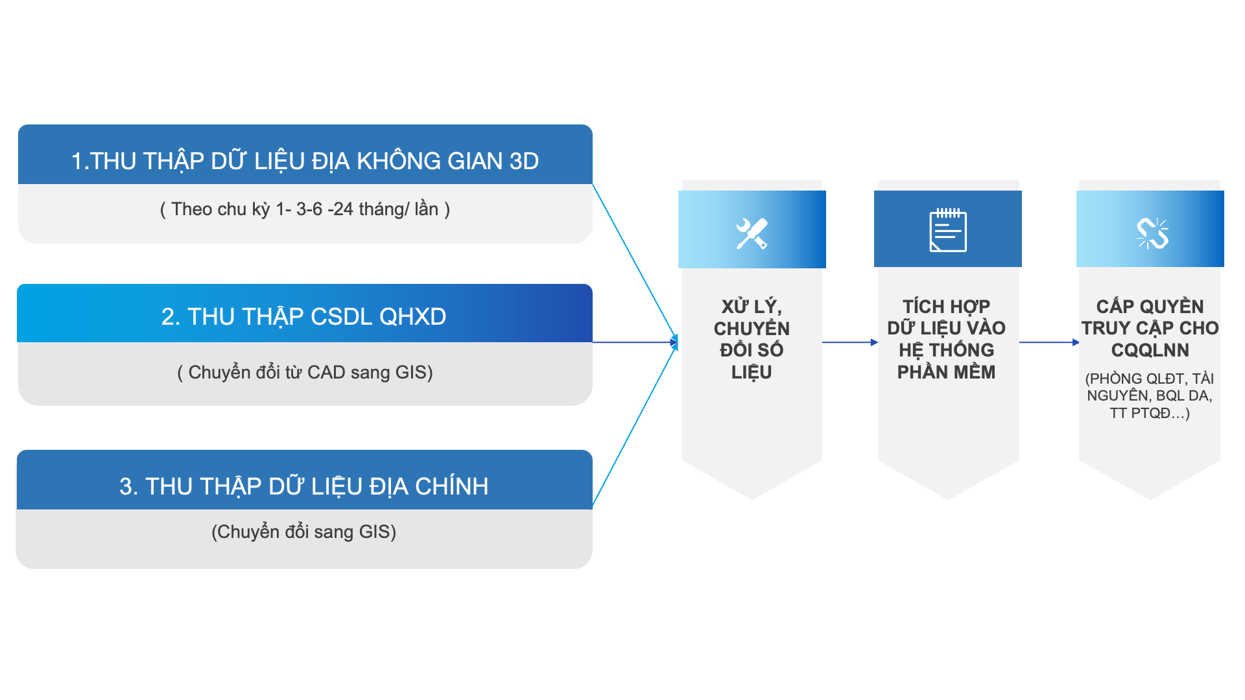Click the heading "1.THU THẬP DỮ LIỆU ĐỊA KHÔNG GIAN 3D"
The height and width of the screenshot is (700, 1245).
pos(305,161)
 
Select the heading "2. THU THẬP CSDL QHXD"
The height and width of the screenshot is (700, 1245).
pos(303,316)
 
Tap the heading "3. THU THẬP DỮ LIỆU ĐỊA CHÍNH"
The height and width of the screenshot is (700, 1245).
pos(303,486)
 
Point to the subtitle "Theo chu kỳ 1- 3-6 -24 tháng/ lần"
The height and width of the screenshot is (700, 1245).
pos(305,209)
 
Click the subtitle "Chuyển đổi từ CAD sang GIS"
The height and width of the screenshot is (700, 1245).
pos(305,373)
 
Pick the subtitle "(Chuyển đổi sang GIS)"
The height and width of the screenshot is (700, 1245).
pos(303,532)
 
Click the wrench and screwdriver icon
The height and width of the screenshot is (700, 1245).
pos(752,233)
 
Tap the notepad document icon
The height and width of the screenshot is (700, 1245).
pos(947,231)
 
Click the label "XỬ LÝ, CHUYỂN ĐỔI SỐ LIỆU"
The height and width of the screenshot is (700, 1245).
pos(752,339)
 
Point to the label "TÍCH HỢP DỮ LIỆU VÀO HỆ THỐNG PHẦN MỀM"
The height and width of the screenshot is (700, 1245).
pos(946,339)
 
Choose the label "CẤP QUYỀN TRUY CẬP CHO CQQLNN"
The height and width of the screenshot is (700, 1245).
pos(1150,328)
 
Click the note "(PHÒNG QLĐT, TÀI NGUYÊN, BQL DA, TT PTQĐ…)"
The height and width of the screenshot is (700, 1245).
pos(1150,396)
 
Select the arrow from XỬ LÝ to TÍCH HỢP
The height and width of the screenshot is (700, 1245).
pos(849,342)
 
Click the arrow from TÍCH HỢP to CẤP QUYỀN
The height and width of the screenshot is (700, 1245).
pos(1049,342)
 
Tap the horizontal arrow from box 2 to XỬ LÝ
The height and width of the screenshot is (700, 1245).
pos(634,342)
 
